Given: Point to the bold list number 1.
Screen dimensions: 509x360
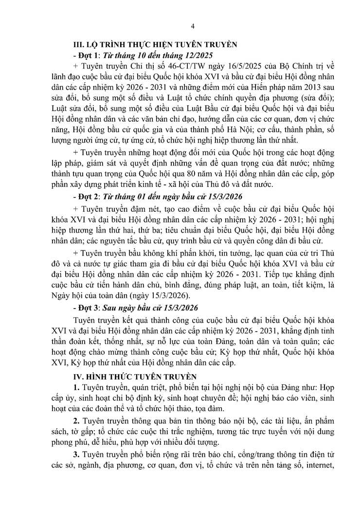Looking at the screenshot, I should (x=76, y=387).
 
